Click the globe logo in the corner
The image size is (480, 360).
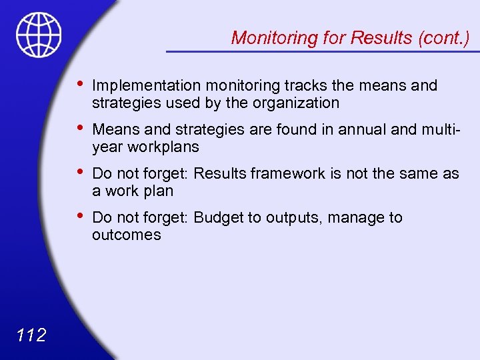[x=39, y=35]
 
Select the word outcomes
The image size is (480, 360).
[x=126, y=235]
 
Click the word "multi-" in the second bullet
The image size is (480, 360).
[x=440, y=129]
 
